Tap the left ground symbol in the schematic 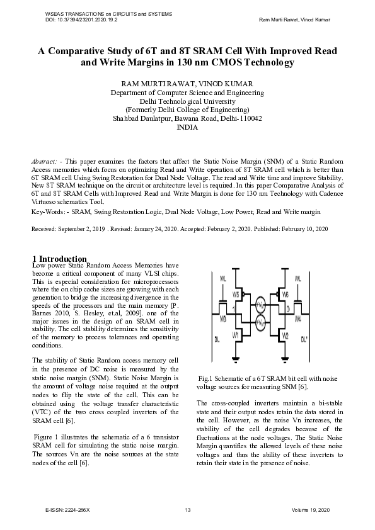pos(235,359)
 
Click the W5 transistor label pos(236,295)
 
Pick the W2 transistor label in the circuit pos(286,336)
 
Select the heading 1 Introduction pos(59,259)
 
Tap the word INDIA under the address pos(187,127)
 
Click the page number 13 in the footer pos(187,510)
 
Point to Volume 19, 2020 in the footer pos(310,510)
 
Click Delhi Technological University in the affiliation pos(187,101)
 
